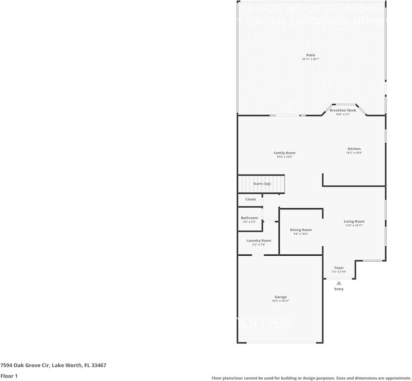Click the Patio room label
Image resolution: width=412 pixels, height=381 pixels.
coord(311,55)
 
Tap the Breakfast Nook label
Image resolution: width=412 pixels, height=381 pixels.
coord(343,110)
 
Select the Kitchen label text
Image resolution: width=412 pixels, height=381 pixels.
coord(354,149)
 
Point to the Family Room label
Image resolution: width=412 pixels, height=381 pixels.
coord(285,153)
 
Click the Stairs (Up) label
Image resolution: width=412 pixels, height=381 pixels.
coord(262,184)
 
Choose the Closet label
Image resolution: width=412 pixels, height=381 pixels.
coord(251,199)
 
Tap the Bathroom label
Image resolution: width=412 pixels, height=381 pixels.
coord(249,218)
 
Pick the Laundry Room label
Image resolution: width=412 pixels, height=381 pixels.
coord(259,241)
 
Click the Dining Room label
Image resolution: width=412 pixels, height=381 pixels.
coord(301,230)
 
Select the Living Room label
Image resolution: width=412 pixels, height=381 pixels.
coord(354,221)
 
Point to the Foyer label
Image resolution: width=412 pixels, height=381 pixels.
coord(339,268)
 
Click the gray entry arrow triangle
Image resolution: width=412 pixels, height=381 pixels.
coord(339,283)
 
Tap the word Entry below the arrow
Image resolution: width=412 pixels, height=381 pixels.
coord(339,289)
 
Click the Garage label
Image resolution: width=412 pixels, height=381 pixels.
coord(281,297)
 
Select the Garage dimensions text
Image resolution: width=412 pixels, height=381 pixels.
coord(281,301)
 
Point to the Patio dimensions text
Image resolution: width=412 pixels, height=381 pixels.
coord(311,59)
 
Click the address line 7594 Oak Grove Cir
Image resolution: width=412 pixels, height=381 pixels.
coord(53,366)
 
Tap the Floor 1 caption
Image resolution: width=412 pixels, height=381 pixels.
coord(9,376)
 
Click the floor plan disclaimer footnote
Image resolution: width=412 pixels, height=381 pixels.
coord(311,378)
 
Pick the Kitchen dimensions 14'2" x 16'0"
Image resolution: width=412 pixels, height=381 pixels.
coord(354,153)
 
